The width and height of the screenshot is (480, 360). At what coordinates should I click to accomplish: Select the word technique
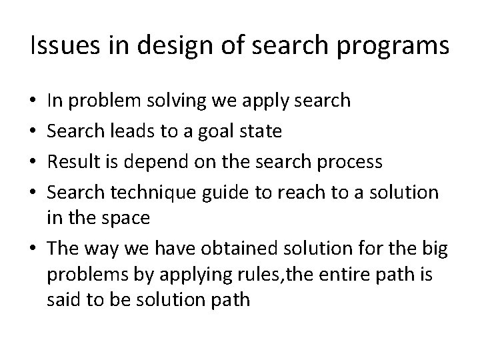tap(150, 193)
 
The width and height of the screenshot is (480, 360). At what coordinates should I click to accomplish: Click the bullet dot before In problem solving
tap(34, 101)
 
